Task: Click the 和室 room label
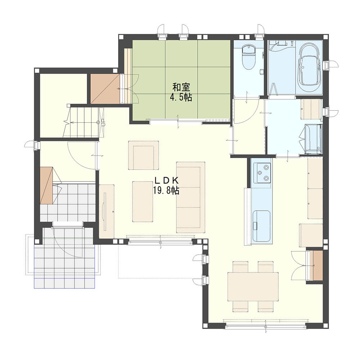181,87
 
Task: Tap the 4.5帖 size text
181,98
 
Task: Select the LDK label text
166,180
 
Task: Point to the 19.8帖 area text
166,190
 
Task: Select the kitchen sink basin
261,226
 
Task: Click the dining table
253,287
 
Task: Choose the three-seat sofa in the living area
190,197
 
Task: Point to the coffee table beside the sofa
143,202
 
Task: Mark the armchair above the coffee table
144,155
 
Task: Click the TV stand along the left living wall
107,211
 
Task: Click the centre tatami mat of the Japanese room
181,80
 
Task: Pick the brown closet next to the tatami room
105,89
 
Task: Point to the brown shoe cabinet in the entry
46,185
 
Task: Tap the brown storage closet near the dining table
318,265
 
